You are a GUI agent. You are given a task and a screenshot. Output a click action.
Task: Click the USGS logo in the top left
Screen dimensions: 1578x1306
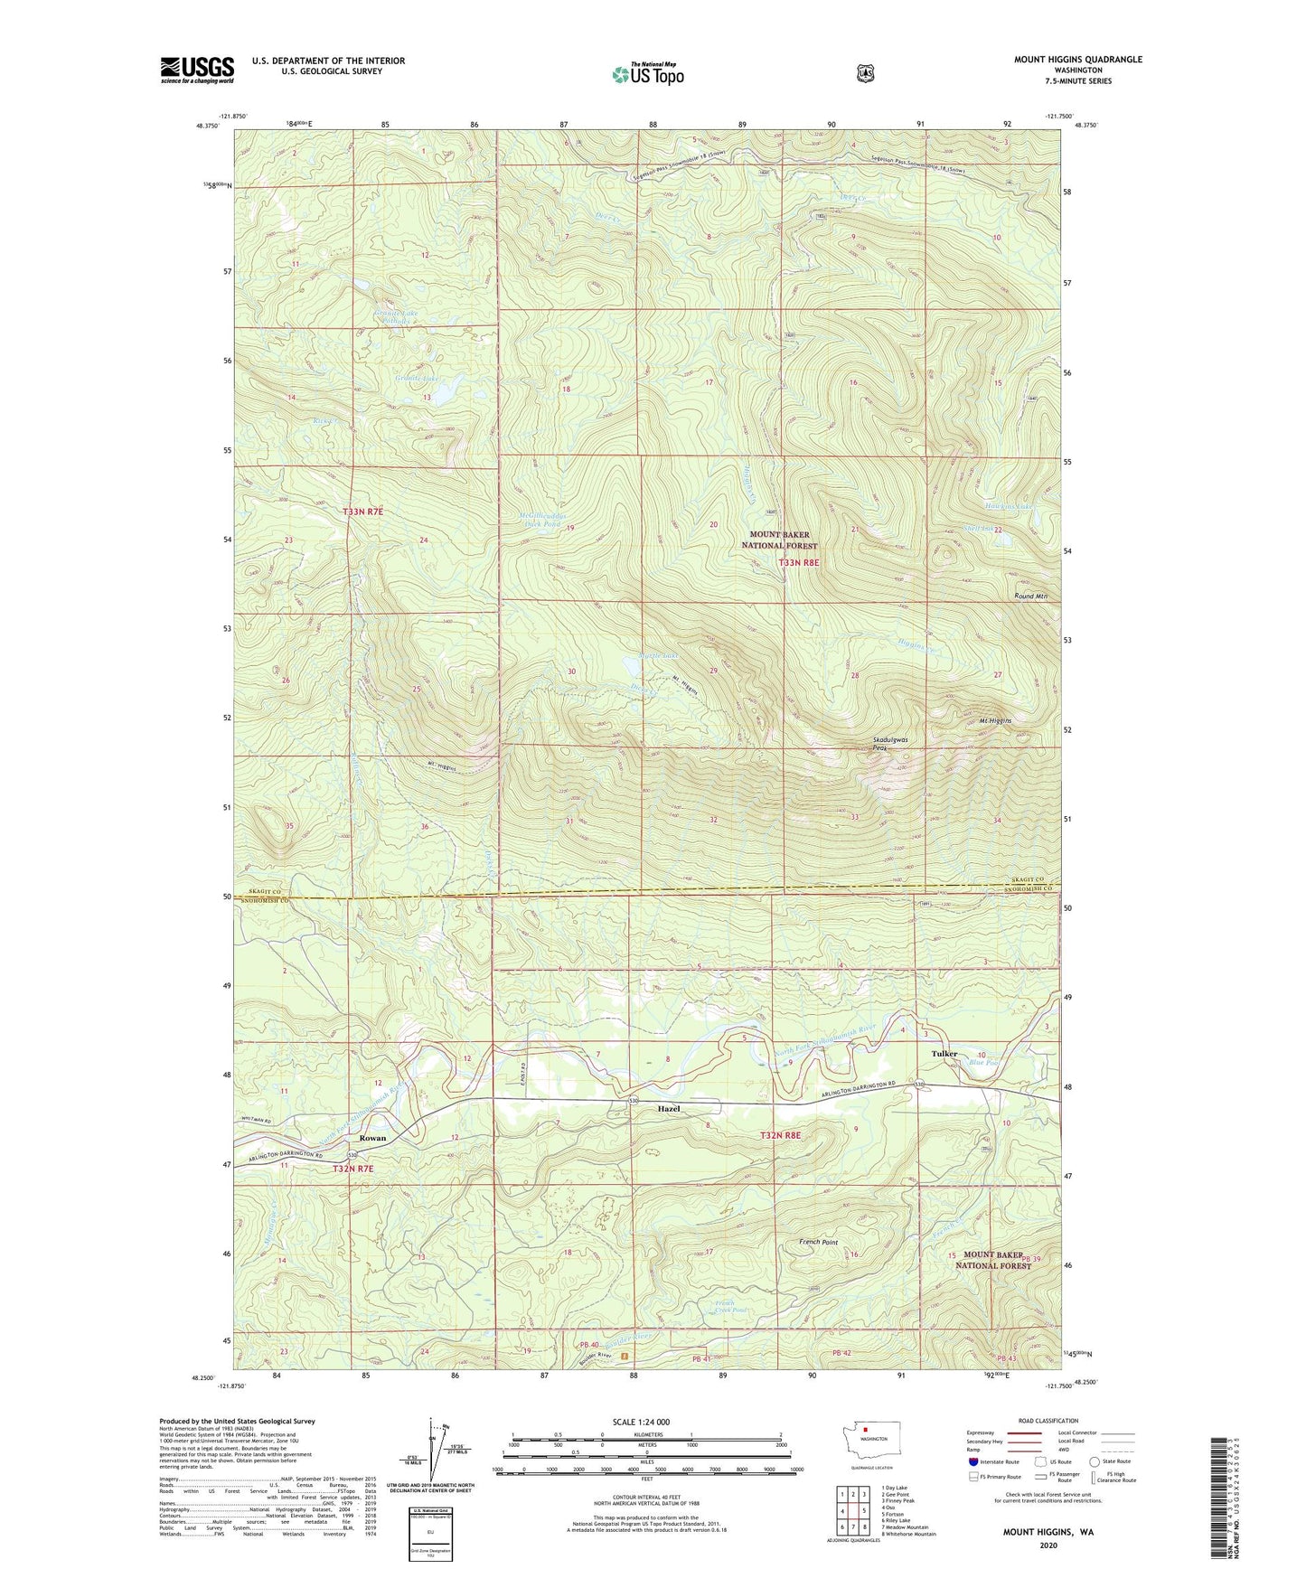(197, 70)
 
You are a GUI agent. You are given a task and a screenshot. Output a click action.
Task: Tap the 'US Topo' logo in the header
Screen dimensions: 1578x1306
(647, 74)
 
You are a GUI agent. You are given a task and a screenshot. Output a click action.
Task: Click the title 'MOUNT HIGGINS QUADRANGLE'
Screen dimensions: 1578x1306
(1077, 60)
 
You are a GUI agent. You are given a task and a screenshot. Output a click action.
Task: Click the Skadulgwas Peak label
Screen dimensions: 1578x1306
(890, 744)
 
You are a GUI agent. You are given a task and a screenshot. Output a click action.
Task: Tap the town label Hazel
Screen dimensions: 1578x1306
(669, 1108)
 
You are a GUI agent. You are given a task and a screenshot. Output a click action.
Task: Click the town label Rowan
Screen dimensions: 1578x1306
(372, 1139)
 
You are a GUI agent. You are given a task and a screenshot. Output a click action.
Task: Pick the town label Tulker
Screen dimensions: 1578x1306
(944, 1054)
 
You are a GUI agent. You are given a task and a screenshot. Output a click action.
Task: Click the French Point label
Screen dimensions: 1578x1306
(818, 1243)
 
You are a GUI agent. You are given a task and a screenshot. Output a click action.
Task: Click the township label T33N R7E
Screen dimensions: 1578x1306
(363, 512)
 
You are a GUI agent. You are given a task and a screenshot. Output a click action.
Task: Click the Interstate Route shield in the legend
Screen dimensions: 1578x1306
(972, 1461)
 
